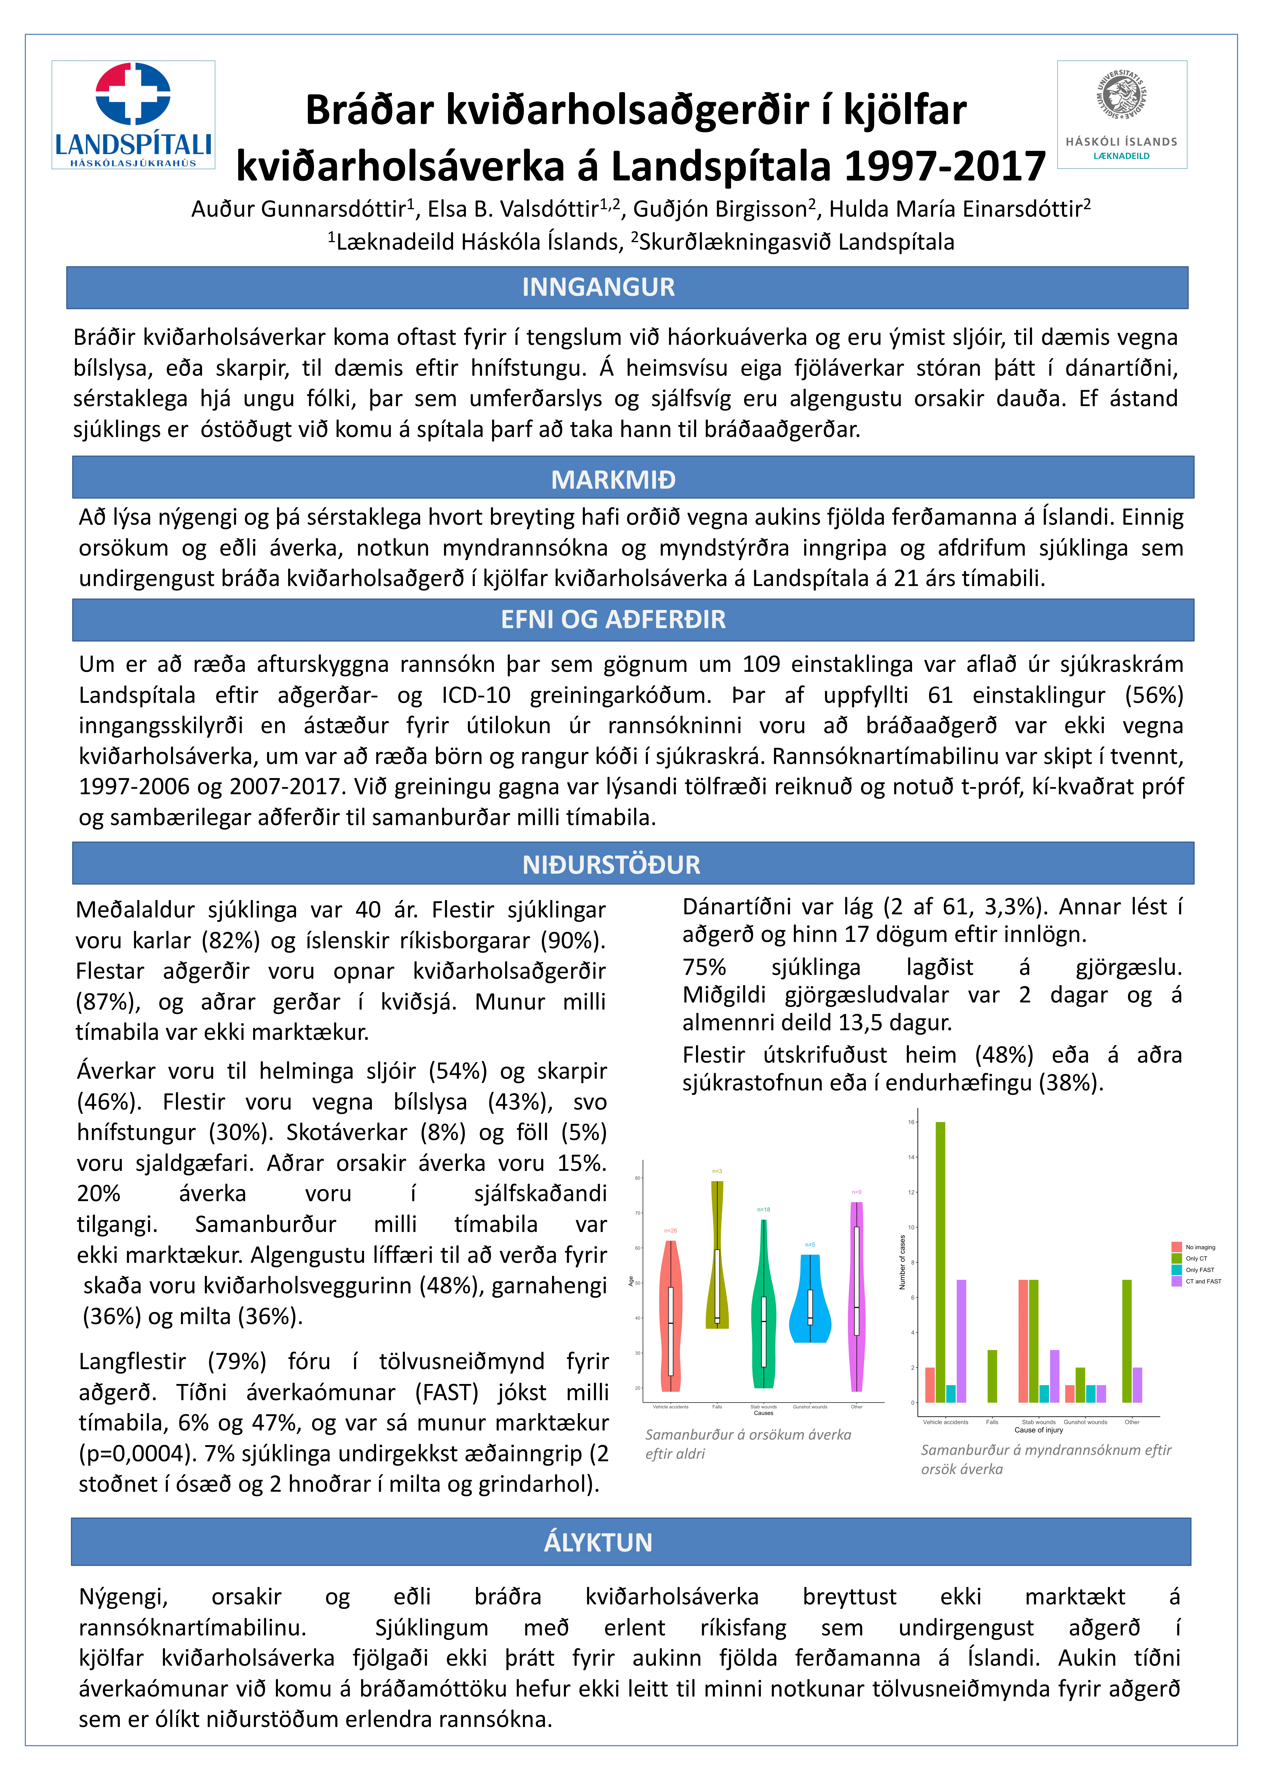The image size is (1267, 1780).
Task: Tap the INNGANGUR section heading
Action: click(x=598, y=287)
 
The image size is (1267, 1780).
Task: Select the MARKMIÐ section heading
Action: click(x=613, y=479)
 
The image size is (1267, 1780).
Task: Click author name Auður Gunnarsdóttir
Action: click(x=299, y=209)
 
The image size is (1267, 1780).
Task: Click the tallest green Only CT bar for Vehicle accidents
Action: click(x=940, y=1262)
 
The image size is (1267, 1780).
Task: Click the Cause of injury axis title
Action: click(x=1038, y=1430)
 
